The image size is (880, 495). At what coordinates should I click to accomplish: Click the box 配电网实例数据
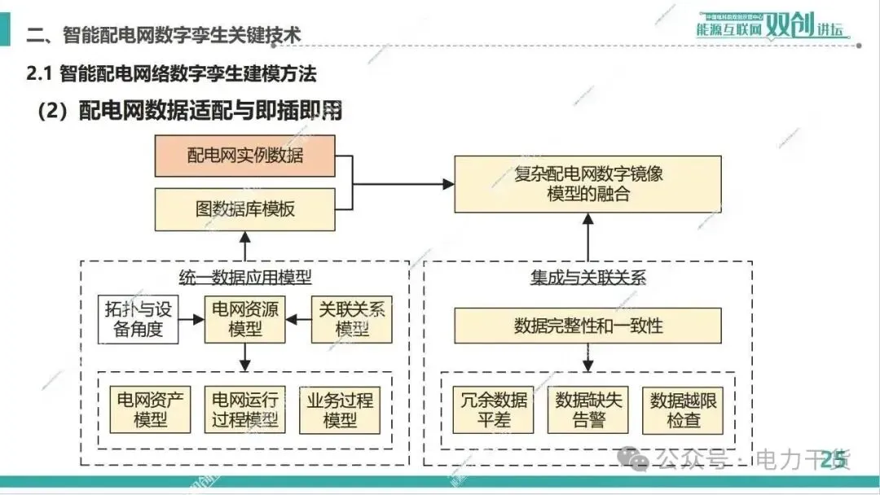coord(244,156)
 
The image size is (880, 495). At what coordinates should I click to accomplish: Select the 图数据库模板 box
coord(244,209)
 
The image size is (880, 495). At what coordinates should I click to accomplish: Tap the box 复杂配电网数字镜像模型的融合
coord(588,184)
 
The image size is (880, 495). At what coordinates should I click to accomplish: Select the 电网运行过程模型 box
coord(244,410)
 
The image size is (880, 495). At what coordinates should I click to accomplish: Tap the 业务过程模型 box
coord(340,410)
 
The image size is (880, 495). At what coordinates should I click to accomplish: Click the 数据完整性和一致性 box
coord(588,326)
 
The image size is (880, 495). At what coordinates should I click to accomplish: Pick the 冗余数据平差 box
coord(493,410)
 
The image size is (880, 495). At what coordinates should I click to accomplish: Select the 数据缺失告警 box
coord(588,410)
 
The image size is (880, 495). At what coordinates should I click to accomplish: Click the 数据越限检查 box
coord(683,410)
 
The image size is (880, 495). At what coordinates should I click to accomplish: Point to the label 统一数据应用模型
coord(244,277)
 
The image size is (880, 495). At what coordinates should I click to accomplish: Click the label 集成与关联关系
coord(588,277)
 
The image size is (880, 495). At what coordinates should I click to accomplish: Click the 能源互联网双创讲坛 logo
coord(770,25)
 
